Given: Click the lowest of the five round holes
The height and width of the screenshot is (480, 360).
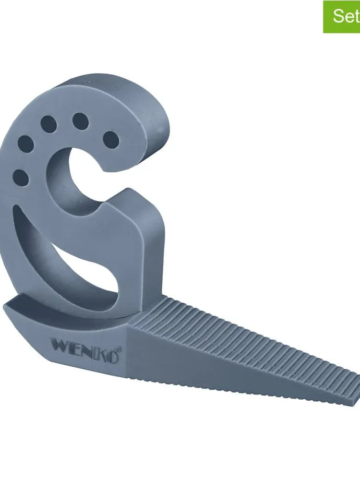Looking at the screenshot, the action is coord(21,177).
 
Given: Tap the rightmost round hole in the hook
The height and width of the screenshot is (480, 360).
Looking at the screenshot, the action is coord(111,140).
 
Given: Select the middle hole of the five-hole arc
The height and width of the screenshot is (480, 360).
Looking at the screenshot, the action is coord(49,125).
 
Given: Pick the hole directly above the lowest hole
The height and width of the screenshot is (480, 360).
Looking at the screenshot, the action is coord(26,144).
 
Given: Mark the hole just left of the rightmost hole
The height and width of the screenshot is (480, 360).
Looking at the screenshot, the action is coord(80,121).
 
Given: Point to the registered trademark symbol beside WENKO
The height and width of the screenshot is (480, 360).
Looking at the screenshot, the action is coord(118,349).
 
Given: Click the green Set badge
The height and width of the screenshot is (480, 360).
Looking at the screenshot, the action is coord(342,17).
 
